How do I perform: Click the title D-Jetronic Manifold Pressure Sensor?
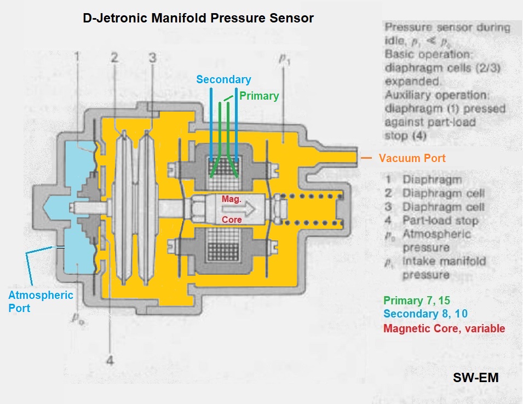(x=198, y=18)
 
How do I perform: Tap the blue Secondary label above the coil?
(x=223, y=79)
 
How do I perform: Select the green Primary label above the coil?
(x=259, y=96)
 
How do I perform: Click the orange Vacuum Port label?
(x=412, y=158)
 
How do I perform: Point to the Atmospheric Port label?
(x=41, y=301)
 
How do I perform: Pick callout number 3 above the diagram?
(x=152, y=56)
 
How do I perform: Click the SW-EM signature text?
(x=475, y=377)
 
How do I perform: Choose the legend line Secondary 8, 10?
(x=426, y=314)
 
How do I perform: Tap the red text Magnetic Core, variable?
(x=444, y=328)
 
